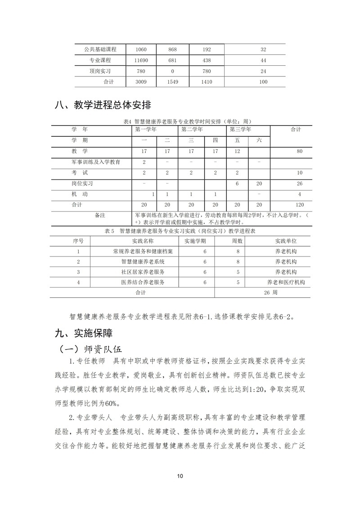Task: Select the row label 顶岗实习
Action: tap(100, 71)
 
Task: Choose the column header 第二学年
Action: tap(193, 130)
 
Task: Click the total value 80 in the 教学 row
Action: tap(300, 152)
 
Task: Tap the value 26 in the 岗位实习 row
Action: tap(300, 184)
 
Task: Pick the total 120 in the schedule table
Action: tap(300, 205)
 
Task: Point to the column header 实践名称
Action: tap(146, 241)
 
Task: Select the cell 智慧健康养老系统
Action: tap(143, 261)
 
